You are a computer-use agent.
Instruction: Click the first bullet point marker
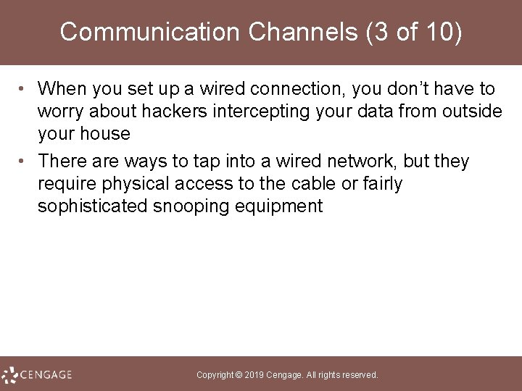(24, 90)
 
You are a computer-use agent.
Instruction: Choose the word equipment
(278, 206)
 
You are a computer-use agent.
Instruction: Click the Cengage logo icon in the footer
(9, 375)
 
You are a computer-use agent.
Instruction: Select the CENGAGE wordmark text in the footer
(46, 375)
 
